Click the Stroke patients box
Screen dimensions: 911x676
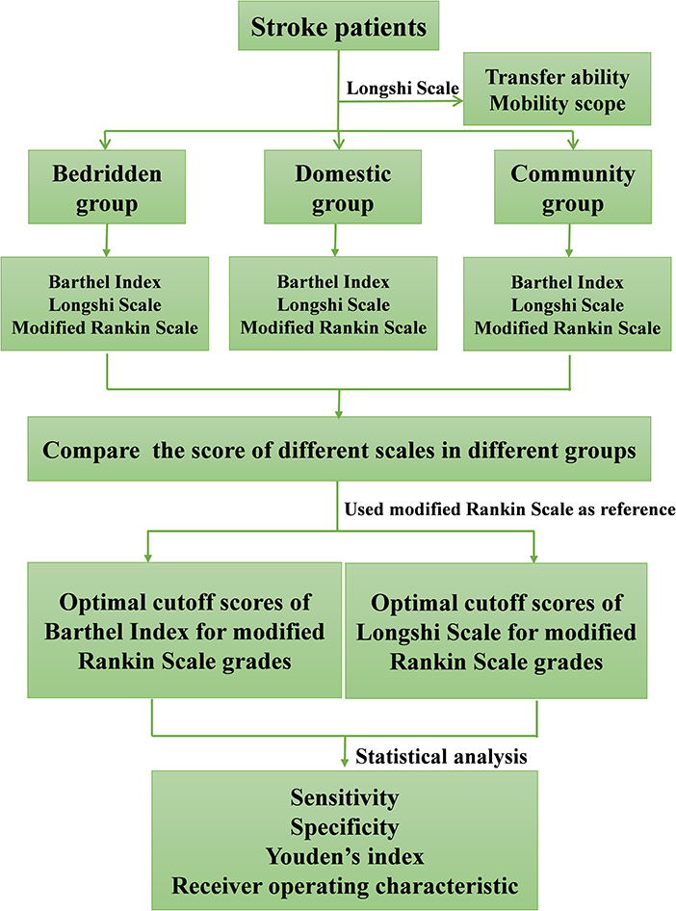pos(338,27)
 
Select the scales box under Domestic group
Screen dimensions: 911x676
pos(334,305)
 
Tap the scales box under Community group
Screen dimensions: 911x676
pos(568,305)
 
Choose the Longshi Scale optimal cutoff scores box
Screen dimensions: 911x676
pos(496,631)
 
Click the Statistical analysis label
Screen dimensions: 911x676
pos(441,757)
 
